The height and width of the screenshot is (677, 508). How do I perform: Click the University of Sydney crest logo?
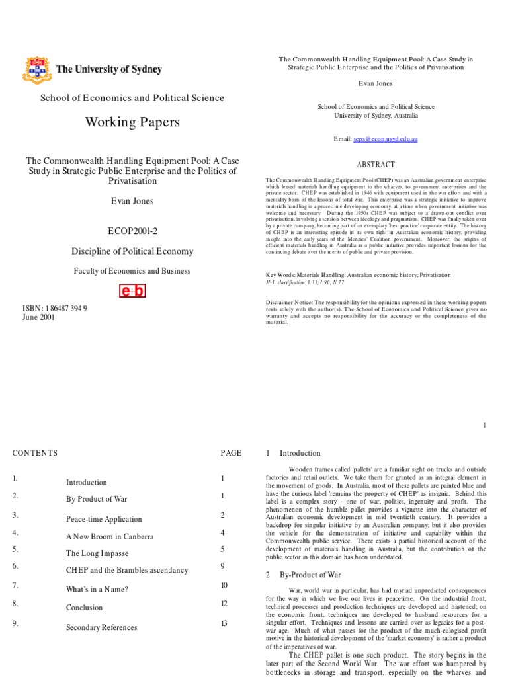pos(38,69)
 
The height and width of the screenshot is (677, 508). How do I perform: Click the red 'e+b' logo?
pos(132,291)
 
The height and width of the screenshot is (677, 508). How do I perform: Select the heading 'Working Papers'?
pos(132,122)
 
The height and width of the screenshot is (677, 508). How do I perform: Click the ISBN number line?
pos(55,308)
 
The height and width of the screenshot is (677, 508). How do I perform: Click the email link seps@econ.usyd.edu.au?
pos(386,139)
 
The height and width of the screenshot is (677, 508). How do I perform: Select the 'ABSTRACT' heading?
pos(376,165)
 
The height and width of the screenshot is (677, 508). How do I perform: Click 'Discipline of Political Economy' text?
pos(132,251)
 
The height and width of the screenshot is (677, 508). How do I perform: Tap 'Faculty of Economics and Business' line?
pos(132,270)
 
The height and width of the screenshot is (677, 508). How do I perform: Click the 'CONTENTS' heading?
pos(35,453)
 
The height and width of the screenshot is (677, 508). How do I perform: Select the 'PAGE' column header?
pos(231,453)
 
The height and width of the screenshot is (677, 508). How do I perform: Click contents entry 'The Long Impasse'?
pos(97,553)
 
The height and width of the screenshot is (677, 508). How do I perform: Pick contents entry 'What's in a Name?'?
pos(97,589)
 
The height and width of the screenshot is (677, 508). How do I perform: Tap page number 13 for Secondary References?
pos(224,623)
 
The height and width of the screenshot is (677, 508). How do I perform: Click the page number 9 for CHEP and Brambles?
pos(224,565)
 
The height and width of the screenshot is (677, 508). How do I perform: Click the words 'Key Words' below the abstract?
pos(282,275)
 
